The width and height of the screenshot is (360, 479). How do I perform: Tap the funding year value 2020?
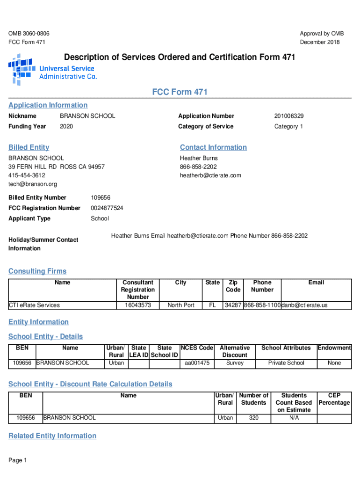pos(66,127)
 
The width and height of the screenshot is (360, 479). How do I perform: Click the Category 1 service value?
pos(288,127)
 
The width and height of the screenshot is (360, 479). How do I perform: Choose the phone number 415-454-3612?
pos(27,175)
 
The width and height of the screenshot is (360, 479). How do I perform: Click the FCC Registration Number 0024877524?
pos(107,208)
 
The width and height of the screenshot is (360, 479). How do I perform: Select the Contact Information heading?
pos(213,147)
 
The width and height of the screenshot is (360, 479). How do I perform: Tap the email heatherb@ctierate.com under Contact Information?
pos(210,175)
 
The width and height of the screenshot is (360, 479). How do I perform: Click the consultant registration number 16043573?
pos(138,305)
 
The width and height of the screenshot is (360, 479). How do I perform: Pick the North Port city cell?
pos(181,305)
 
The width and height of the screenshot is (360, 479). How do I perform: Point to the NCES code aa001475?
pos(197,363)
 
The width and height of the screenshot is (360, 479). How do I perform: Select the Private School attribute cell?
pos(286,363)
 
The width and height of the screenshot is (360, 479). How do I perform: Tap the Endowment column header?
pos(334,348)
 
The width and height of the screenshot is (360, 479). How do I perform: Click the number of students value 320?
pos(254,418)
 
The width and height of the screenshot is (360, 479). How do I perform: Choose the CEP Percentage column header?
pos(334,399)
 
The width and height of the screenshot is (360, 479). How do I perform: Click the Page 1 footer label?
pos(18,461)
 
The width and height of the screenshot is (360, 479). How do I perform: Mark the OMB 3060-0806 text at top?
pos(29,34)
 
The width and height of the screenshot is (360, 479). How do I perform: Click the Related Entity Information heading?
pos(52,436)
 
